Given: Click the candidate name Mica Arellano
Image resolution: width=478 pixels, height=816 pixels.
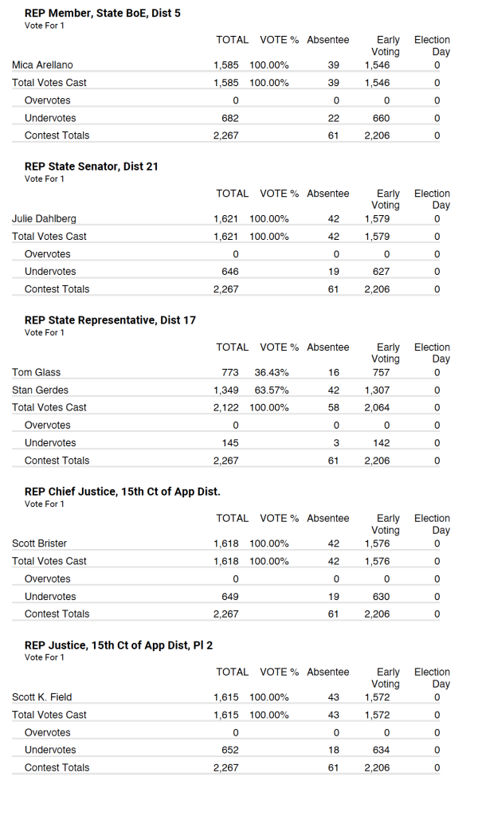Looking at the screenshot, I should point(43,65).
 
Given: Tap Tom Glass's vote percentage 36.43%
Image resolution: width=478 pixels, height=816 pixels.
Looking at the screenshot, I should point(272,372).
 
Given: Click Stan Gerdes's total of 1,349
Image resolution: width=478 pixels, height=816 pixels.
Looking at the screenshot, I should point(226,390).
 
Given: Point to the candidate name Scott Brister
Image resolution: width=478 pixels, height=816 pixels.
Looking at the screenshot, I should point(40,543).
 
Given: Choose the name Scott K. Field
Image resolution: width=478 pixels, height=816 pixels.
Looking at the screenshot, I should point(42,697).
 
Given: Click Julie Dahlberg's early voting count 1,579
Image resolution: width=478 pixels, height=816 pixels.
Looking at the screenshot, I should point(377,218).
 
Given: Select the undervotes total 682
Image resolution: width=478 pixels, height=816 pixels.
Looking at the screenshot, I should point(229,118).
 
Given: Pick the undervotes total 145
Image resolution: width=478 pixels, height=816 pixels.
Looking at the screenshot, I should point(229,442).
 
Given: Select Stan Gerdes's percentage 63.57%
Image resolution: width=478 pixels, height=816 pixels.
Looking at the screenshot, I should point(272,390).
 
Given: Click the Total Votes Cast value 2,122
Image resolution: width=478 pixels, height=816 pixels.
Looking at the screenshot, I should point(226,407).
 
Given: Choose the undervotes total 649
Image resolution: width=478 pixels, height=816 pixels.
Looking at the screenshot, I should point(229,596).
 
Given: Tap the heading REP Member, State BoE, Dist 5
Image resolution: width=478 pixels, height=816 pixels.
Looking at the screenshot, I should point(103,14).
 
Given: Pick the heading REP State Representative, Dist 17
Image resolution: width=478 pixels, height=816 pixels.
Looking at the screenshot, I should point(110,320).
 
